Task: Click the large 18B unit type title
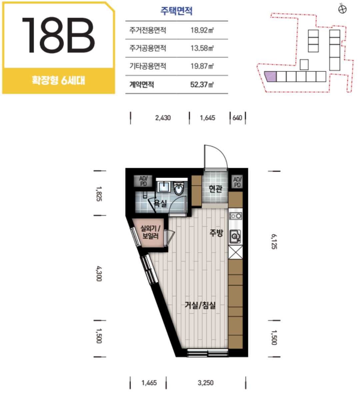pyautogui.click(x=58, y=35)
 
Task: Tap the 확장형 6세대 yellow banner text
pyautogui.click(x=58, y=80)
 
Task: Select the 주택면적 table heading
pyautogui.click(x=176, y=11)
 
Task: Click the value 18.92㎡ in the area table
pyautogui.click(x=202, y=30)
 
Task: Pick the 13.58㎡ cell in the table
pyautogui.click(x=202, y=48)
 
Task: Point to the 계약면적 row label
pyautogui.click(x=142, y=84)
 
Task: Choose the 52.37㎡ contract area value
pyautogui.click(x=202, y=84)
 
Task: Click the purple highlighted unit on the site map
pyautogui.click(x=270, y=76)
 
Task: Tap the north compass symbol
pyautogui.click(x=342, y=9)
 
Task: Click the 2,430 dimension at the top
pyautogui.click(x=163, y=118)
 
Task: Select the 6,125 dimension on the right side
pyautogui.click(x=274, y=242)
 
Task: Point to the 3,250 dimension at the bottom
pyautogui.click(x=206, y=383)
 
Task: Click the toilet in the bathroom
pyautogui.click(x=179, y=188)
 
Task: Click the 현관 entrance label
pyautogui.click(x=215, y=189)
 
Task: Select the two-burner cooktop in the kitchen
pyautogui.click(x=235, y=216)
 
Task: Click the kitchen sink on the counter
pyautogui.click(x=235, y=236)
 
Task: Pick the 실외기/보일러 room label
pyautogui.click(x=150, y=232)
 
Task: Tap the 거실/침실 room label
pyautogui.click(x=200, y=305)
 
